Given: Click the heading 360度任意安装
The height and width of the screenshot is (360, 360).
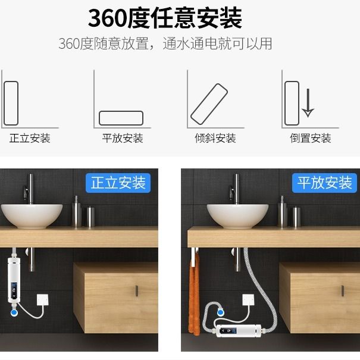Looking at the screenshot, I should point(165,18).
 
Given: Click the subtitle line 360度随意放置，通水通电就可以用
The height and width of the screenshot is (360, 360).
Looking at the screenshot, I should point(165,43).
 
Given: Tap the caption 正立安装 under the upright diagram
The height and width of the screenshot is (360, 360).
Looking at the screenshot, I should point(30,139).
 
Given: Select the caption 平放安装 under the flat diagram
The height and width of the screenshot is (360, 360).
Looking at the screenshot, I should point(123,139).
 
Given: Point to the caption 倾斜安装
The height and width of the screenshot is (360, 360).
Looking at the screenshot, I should point(215,139).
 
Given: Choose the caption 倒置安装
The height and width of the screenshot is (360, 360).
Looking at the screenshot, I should point(311,139).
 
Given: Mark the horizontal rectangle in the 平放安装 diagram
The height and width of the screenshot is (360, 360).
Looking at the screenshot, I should point(121,117).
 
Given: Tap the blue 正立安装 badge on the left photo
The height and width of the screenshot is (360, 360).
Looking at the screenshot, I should point(118,183).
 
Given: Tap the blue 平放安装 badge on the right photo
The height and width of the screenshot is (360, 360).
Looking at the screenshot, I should point(325,183).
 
